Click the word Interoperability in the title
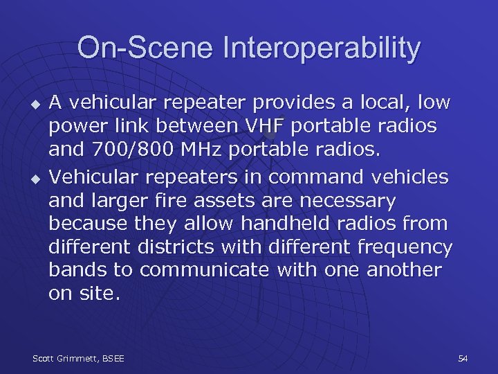pos(322,49)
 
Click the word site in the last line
pos(100,294)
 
